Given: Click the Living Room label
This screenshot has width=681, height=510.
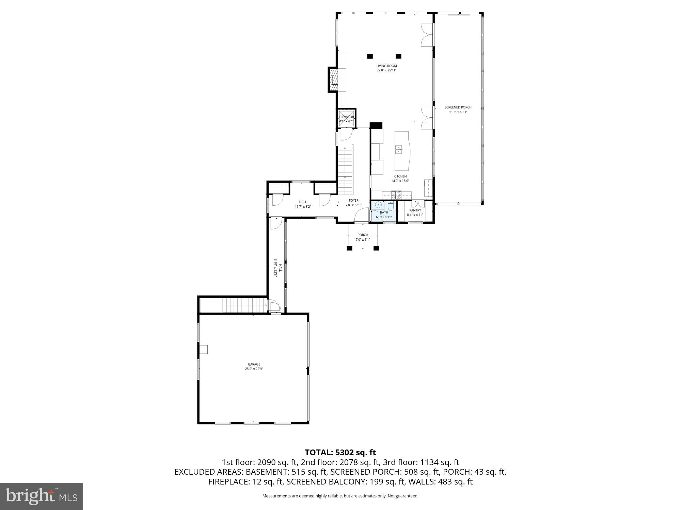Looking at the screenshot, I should [x=386, y=66].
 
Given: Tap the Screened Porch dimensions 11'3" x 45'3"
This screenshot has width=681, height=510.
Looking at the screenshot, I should [x=458, y=112].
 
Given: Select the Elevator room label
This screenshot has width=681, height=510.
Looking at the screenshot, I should [x=346, y=117].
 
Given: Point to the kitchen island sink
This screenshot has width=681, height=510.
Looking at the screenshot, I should [x=399, y=149].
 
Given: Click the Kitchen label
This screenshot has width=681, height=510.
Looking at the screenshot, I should [x=400, y=176].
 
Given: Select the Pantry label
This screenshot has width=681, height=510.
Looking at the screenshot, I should [x=415, y=210].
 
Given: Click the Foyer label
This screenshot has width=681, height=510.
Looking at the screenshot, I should [x=353, y=201].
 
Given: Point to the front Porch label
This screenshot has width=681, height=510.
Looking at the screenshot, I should [x=363, y=235].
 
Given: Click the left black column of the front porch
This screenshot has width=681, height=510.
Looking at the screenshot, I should [x=349, y=248].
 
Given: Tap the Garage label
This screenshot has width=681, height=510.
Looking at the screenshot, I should [x=254, y=364].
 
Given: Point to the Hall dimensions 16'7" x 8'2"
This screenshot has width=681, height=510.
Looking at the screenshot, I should [x=303, y=206].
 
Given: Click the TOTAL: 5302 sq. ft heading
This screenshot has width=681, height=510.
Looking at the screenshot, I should [x=340, y=453].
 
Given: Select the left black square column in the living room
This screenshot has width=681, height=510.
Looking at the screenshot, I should [x=370, y=56].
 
